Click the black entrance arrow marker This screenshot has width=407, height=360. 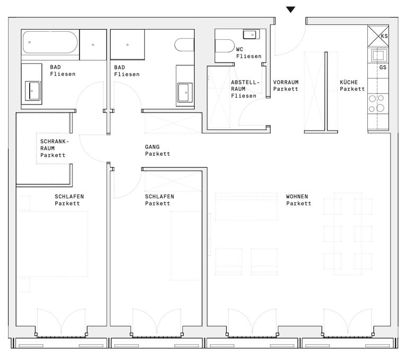click(290, 10)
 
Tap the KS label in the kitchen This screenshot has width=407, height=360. click(384, 36)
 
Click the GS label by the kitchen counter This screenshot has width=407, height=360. click(383, 67)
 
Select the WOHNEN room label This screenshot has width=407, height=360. click(297, 196)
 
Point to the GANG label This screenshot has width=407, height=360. click(152, 147)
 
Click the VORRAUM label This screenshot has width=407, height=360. click(286, 82)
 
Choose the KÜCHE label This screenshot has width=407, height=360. click(349, 82)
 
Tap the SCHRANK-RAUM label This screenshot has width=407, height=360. click(55, 145)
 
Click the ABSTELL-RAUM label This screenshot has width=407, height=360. click(245, 85)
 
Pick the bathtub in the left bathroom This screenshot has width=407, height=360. click(50, 42)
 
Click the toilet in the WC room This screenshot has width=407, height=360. click(225, 46)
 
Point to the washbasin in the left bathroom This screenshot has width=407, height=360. click(32, 91)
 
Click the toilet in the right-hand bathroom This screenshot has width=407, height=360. click(184, 45)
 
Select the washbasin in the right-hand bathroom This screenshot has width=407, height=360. click(185, 92)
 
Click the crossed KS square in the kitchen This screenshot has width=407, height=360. click(378, 36)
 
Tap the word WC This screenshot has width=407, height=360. click(240, 49)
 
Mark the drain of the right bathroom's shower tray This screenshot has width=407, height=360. click(127, 45)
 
